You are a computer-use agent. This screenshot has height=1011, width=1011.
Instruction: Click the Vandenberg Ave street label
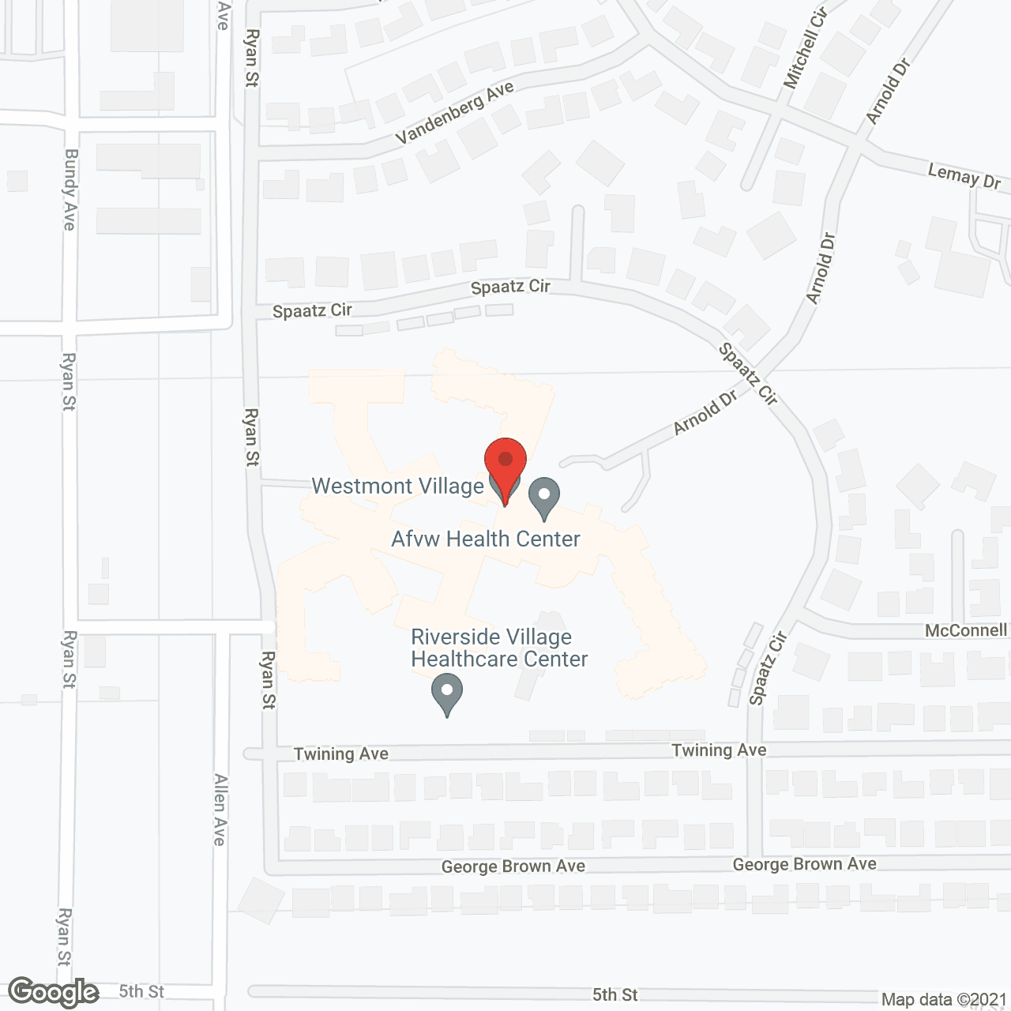[x=455, y=113]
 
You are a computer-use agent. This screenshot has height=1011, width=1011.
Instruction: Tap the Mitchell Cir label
[x=805, y=49]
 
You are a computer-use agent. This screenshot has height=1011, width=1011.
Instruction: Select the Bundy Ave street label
[x=70, y=190]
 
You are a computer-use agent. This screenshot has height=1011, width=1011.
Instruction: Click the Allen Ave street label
[x=220, y=810]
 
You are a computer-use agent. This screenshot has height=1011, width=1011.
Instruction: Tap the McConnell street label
[x=966, y=630]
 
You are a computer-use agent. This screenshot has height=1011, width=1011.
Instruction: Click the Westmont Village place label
[x=397, y=486]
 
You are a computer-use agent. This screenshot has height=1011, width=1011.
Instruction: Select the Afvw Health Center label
[x=486, y=539]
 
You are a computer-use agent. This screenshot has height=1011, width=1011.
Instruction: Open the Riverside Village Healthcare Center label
[x=499, y=648]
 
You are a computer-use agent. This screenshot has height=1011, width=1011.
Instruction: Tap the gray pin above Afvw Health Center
[x=543, y=498]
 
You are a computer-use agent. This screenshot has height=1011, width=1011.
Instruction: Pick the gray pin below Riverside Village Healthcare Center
[x=447, y=694]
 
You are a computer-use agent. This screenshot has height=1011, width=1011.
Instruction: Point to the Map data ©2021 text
[x=944, y=1000]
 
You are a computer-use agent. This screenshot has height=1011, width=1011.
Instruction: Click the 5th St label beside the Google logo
[x=141, y=991]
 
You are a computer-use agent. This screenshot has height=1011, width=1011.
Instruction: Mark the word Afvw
[x=415, y=539]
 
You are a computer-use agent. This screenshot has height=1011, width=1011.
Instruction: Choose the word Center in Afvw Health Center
[x=547, y=539]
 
